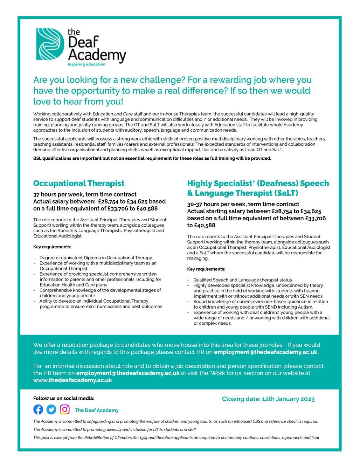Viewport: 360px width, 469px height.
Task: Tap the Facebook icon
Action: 38,409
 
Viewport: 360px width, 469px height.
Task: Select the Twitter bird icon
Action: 51,409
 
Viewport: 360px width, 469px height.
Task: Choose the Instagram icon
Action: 64,409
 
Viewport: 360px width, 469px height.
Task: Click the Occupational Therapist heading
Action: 79,183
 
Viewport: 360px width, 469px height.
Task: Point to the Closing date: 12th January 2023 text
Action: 268,399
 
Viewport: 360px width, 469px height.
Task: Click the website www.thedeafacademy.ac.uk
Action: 72,380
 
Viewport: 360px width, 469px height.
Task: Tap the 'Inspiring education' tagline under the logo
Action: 86,64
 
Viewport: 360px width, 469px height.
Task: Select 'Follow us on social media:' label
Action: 64,398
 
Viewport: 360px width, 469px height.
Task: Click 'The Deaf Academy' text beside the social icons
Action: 97,410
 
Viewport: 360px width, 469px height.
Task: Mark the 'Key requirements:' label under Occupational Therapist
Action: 52,247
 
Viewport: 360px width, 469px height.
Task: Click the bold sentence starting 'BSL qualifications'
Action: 152,158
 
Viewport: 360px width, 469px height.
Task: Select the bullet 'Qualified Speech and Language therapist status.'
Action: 243,280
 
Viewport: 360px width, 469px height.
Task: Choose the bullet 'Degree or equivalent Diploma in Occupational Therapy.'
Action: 96,258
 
